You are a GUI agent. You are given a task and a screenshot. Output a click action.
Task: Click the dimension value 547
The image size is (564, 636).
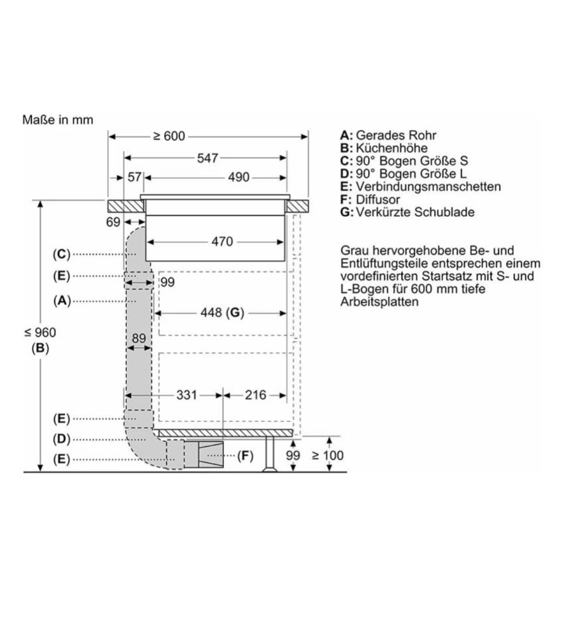(x=207, y=158)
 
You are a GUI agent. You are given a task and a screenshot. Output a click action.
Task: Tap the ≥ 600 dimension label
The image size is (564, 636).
(x=169, y=136)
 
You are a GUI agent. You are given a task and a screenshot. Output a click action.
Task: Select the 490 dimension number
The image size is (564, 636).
(x=238, y=178)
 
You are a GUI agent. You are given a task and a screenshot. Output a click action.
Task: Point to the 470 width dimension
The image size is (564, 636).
(x=222, y=241)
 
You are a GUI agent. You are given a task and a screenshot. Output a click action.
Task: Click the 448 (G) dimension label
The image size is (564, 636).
(x=222, y=313)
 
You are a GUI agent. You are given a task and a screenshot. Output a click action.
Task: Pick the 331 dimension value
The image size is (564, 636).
(x=186, y=395)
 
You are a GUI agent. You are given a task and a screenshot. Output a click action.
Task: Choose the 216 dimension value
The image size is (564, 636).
(x=255, y=395)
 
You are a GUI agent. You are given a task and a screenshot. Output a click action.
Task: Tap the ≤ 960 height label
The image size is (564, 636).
(x=40, y=332)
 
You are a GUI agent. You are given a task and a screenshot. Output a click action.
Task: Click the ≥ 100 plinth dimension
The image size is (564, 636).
(x=327, y=455)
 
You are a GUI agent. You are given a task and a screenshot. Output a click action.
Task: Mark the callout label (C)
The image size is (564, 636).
(x=62, y=254)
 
